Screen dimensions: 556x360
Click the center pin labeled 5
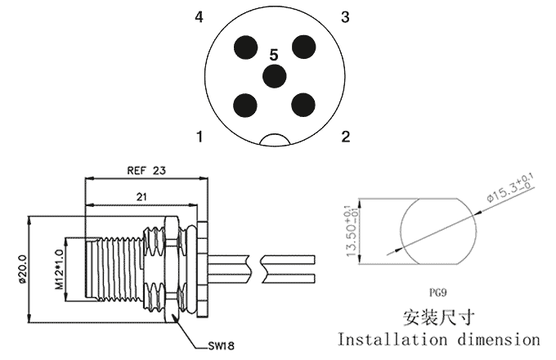point(274,76)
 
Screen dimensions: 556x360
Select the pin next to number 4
point(246,47)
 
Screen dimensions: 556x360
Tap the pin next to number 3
point(303,47)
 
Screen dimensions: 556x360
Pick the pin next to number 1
point(245,105)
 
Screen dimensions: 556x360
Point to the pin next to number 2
point(303,105)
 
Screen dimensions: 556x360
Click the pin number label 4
point(200,16)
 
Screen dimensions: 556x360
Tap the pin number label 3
point(345,16)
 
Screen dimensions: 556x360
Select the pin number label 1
point(200,137)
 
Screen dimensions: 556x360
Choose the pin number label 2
point(346,137)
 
